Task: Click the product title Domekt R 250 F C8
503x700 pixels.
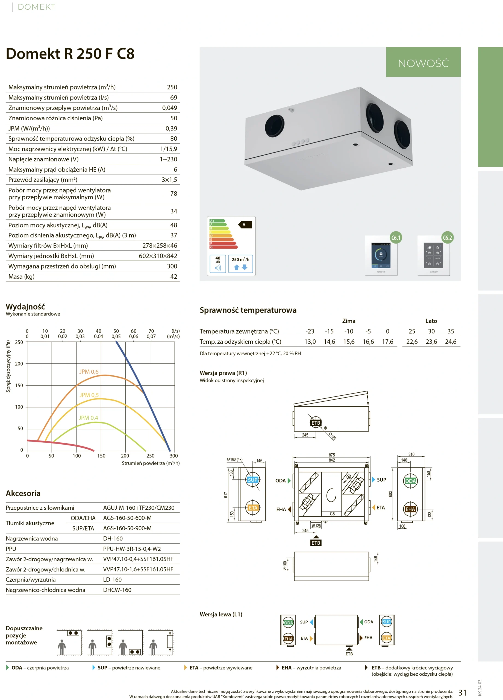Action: (x=70, y=54)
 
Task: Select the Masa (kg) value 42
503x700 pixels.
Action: (x=173, y=276)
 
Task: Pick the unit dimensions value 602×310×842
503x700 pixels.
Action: (x=158, y=256)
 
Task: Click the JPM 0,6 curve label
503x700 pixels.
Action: (x=89, y=372)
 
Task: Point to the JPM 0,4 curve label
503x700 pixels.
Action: (x=88, y=418)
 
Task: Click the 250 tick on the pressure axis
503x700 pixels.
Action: (x=19, y=342)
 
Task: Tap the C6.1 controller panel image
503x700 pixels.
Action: (x=381, y=256)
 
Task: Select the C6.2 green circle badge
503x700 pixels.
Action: (x=447, y=238)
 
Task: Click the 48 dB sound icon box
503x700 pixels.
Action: (x=218, y=264)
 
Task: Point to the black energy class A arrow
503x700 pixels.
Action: (x=245, y=224)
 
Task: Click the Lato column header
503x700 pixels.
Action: (x=431, y=321)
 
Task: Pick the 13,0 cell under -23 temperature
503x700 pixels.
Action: (x=310, y=342)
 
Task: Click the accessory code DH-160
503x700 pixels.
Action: (x=113, y=538)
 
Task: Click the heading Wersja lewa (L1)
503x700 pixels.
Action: (x=221, y=614)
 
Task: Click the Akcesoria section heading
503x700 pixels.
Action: (x=23, y=493)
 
